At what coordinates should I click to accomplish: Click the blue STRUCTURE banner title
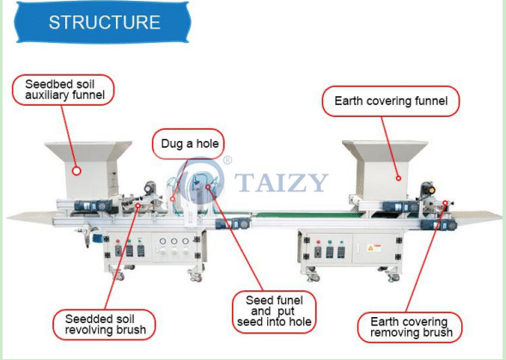(102, 22)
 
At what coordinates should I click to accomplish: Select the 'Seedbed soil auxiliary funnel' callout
(64, 89)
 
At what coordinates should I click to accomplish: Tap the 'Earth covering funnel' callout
(391, 101)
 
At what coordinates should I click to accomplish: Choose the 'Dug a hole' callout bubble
(188, 143)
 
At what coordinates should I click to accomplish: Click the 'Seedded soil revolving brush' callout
(104, 325)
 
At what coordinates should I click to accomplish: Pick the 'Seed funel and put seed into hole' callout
(274, 312)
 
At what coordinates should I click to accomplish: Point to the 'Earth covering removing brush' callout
(410, 327)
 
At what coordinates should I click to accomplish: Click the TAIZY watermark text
(282, 182)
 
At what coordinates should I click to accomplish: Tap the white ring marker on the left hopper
(76, 171)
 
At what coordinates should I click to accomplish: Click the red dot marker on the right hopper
(399, 178)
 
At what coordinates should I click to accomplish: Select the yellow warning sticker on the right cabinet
(374, 248)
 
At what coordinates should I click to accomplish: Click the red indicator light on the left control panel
(118, 241)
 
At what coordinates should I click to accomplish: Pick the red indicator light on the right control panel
(319, 241)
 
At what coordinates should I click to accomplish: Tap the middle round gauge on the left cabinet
(174, 241)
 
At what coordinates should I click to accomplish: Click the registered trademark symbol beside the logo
(228, 161)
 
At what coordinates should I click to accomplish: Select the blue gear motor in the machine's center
(232, 223)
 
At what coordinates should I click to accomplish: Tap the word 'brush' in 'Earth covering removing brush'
(438, 333)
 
